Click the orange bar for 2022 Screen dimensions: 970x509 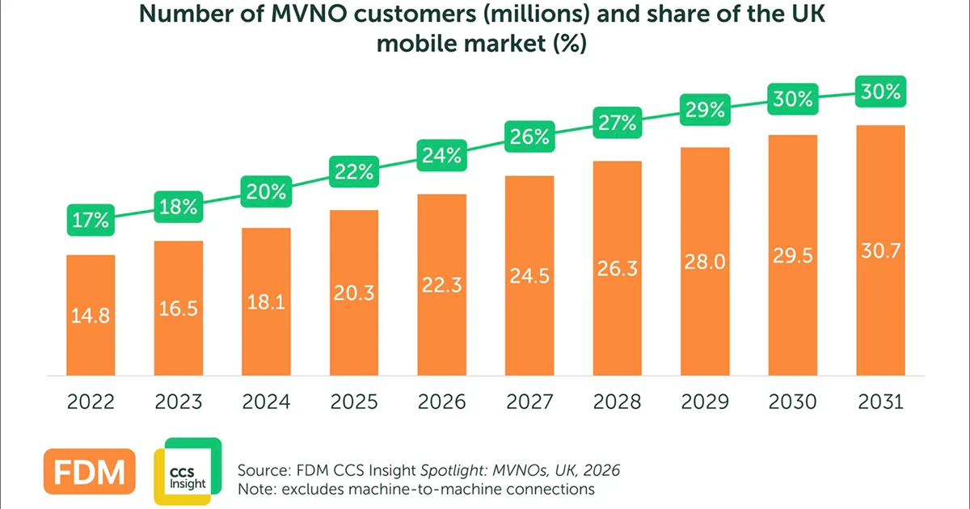tap(91, 315)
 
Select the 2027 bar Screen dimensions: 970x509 tap(529, 276)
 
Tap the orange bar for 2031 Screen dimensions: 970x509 tap(880, 250)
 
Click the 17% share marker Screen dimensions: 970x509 tap(91, 220)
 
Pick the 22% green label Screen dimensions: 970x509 tap(354, 172)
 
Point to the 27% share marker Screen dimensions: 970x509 tap(617, 123)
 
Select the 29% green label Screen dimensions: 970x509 tap(705, 110)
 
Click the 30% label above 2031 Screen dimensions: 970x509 tap(880, 91)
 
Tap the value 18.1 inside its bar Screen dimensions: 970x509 tap(266, 302)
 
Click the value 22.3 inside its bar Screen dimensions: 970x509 tap(441, 285)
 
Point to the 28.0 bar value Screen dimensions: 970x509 tap(705, 262)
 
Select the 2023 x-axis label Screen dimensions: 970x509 tap(179, 402)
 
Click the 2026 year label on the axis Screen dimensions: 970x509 tap(441, 402)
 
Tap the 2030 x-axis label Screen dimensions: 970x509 tap(792, 402)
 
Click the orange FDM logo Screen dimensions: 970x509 tap(90, 471)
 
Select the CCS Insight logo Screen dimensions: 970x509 tap(188, 471)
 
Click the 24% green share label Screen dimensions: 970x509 tap(441, 155)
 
